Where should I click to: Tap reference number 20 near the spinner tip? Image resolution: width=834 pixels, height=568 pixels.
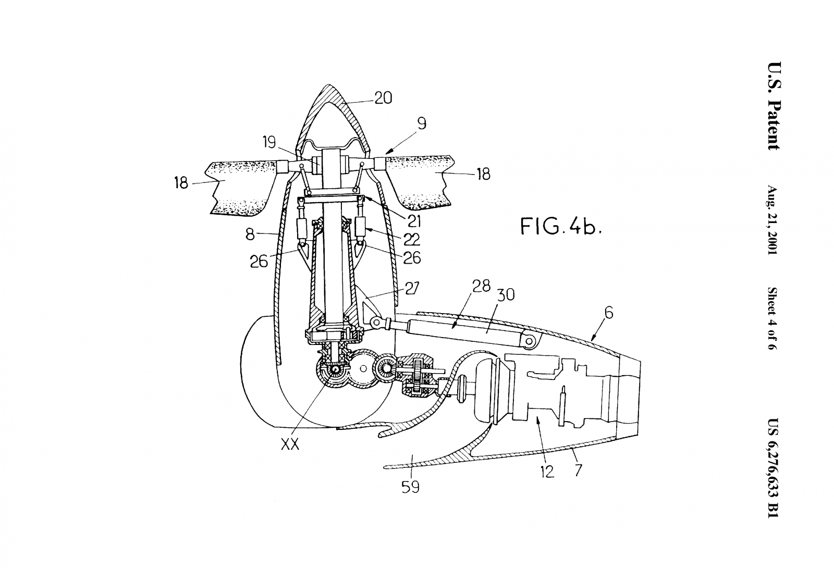coord(384,98)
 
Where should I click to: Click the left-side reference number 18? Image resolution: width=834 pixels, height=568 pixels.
coord(181,183)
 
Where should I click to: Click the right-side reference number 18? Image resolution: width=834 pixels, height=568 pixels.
coord(484,174)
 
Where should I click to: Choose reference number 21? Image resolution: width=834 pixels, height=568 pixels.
coord(414,221)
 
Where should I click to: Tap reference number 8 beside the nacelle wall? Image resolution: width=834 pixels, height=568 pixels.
coord(250,234)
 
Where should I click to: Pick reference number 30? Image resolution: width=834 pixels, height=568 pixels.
coord(506,294)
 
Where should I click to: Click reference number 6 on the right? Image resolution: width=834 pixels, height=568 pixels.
coord(609,313)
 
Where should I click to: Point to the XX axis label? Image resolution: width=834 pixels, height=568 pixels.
coord(290,444)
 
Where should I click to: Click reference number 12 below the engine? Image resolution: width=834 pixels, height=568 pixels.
coord(548,471)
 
